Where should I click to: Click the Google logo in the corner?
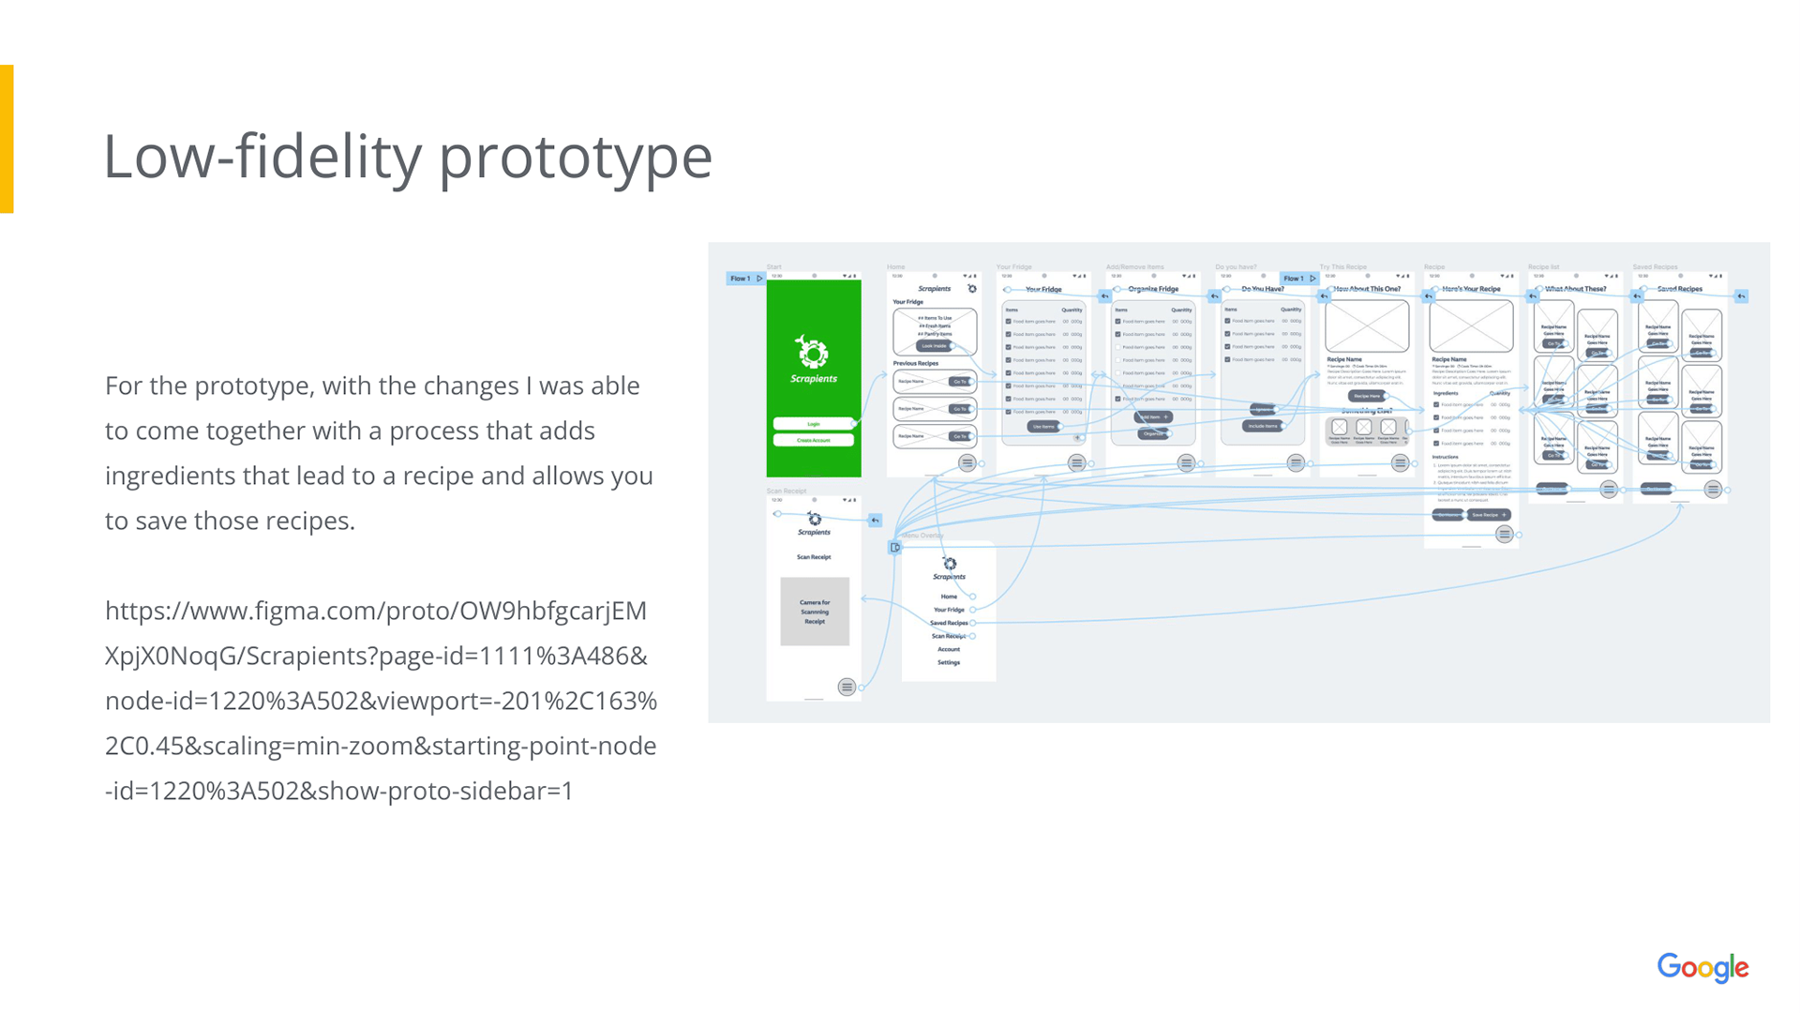pos(1702,967)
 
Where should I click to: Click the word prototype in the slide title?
pos(576,157)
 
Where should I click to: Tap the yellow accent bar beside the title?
pos(7,139)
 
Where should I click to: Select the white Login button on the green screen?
pos(813,424)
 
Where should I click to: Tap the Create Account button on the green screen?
pos(813,440)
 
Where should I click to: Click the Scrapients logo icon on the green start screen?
pos(813,353)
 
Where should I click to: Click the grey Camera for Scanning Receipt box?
pos(815,612)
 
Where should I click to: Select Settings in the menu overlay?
pos(949,662)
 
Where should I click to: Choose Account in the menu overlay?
pos(949,649)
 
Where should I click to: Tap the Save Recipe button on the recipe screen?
pos(1489,515)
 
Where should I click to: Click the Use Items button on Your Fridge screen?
pos(1043,427)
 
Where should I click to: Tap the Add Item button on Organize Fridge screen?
pos(1152,416)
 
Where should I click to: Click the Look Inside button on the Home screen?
pos(934,346)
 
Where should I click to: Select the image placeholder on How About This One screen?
pos(1367,325)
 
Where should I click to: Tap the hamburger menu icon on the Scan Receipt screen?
pos(847,687)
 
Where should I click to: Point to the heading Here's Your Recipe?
pos(1471,289)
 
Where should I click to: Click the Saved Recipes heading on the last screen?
pos(1679,289)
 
